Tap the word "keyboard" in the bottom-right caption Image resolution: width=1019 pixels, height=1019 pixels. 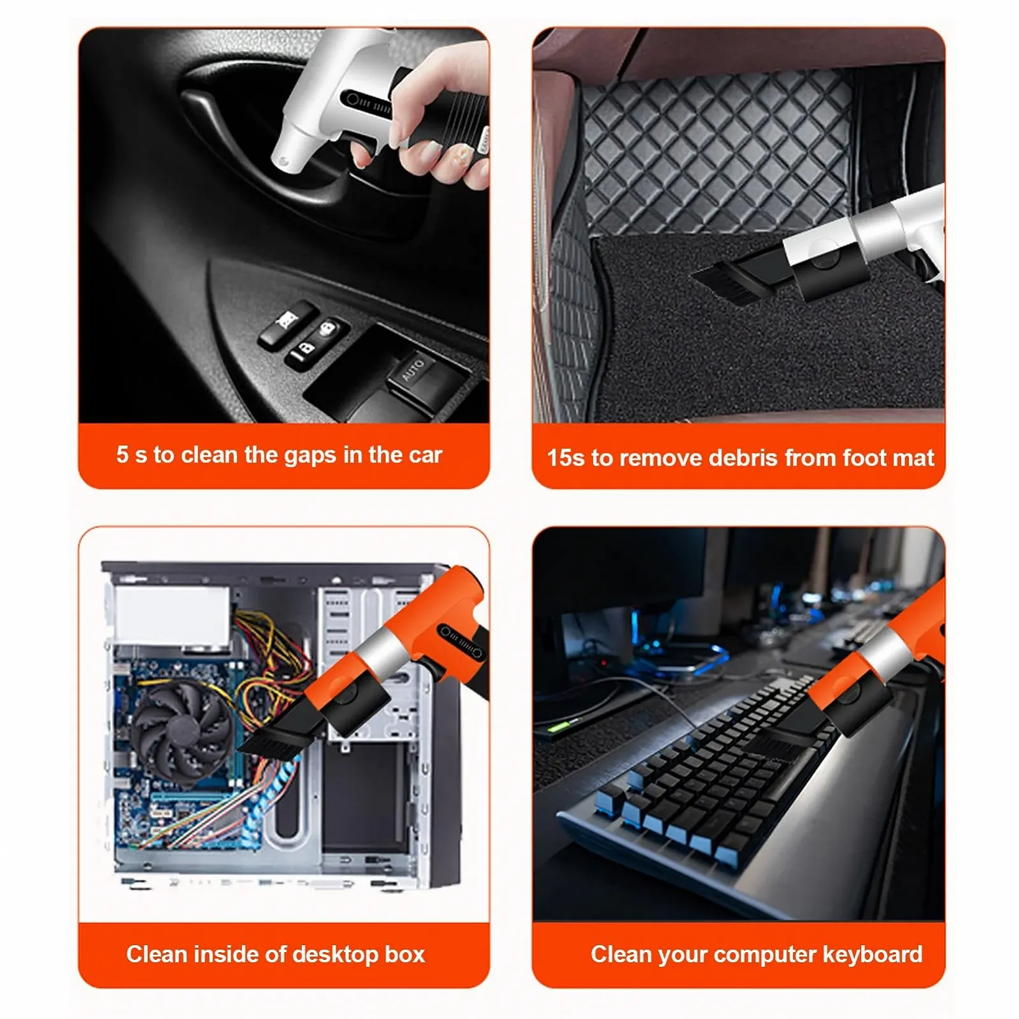(x=873, y=954)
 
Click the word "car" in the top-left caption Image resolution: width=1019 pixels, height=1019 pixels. (x=425, y=456)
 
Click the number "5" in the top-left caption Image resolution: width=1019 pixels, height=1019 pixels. (x=122, y=455)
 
